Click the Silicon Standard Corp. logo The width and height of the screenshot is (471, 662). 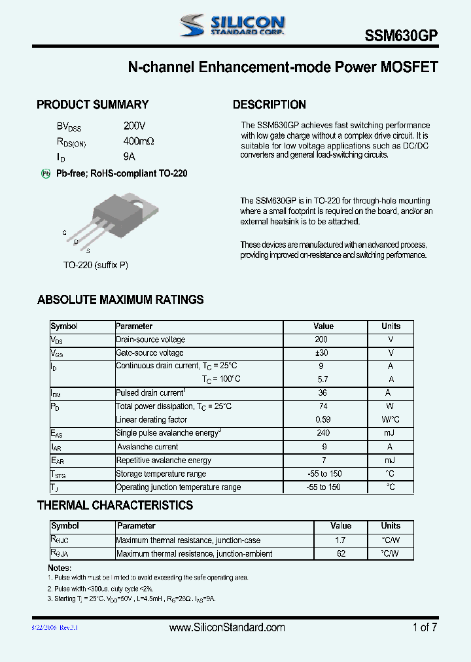(x=232, y=25)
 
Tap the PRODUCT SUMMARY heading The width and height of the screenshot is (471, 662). (x=92, y=105)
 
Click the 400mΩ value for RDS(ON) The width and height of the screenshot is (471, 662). (x=139, y=141)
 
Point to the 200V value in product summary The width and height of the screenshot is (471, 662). (x=134, y=126)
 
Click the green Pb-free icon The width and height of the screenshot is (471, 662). (x=46, y=173)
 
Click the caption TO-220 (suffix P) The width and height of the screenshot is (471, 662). (x=96, y=265)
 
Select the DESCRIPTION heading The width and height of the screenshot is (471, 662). (x=269, y=105)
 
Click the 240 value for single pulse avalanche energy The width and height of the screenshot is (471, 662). (x=323, y=433)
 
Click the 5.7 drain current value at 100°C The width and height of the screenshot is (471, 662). (x=323, y=379)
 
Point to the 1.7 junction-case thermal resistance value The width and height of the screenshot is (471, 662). (x=340, y=540)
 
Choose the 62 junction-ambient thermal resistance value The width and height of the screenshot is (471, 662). (x=340, y=553)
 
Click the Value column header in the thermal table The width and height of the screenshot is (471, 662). (x=340, y=526)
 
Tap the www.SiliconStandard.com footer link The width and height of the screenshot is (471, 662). (x=227, y=627)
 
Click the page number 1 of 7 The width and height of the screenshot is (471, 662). (x=425, y=627)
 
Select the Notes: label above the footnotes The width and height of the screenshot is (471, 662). (x=60, y=568)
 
